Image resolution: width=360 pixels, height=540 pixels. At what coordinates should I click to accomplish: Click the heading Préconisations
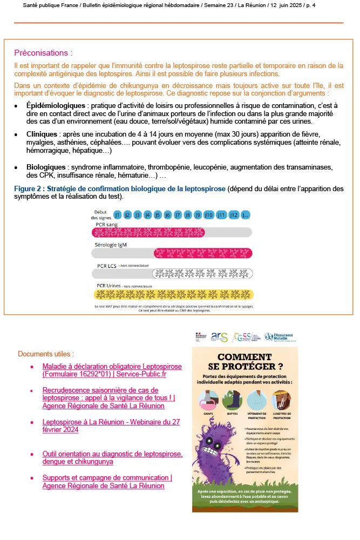(43, 53)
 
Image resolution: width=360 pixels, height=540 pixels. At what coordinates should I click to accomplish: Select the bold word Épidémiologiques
(56, 105)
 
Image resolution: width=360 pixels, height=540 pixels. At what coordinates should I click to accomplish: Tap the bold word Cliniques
(44, 134)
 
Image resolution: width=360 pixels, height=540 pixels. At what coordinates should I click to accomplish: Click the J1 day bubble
(117, 214)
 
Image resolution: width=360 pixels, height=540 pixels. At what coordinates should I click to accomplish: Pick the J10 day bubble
(208, 214)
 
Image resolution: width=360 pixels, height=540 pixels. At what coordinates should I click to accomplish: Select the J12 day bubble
(233, 214)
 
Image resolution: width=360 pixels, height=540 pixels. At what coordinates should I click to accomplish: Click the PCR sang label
(106, 224)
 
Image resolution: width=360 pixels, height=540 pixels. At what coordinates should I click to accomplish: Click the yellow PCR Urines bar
(173, 294)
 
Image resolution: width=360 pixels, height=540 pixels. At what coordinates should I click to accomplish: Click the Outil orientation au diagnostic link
(112, 457)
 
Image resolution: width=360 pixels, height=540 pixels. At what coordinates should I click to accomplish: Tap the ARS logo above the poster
(219, 337)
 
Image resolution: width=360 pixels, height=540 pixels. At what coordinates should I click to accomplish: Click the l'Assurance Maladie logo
(280, 337)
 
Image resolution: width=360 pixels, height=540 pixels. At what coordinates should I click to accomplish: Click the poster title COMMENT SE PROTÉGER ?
(244, 362)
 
